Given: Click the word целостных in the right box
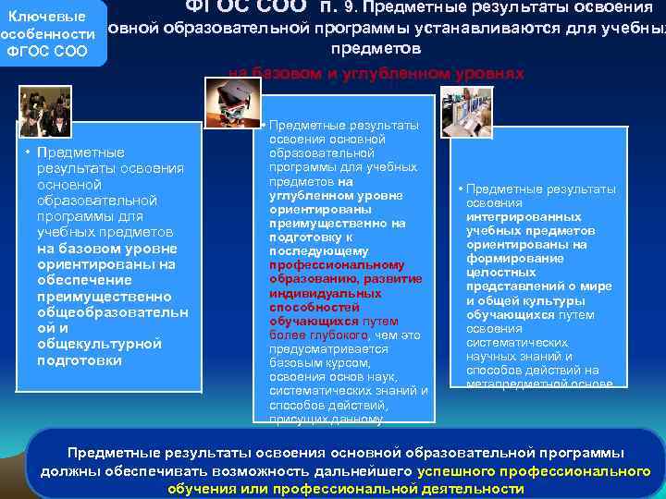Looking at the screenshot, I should pyautogui.click(x=501, y=273).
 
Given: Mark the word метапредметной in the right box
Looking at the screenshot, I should pyautogui.click(x=516, y=383).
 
